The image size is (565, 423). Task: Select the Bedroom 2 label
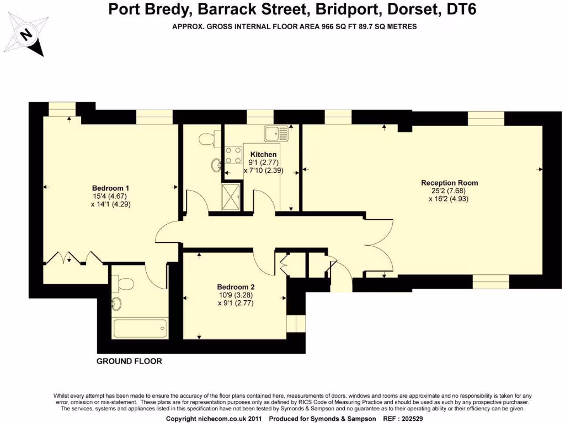236,287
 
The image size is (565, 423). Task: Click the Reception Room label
449,183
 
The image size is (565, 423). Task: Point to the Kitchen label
263,155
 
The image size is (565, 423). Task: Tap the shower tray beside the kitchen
231,196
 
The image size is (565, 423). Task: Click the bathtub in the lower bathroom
139,329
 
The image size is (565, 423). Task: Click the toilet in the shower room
207,138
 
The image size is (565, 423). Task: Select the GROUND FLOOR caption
129,361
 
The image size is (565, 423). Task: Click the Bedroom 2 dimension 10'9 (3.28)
236,295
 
